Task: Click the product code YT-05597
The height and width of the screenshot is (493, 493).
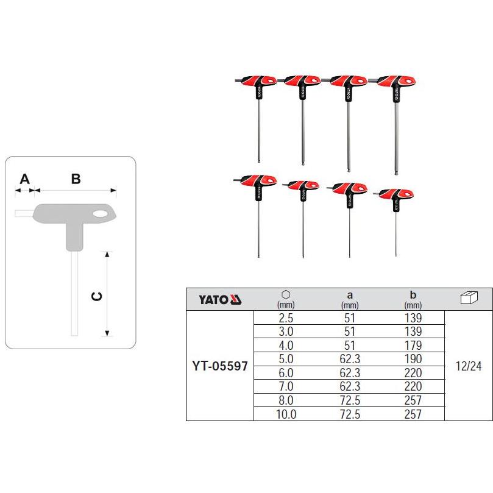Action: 220,366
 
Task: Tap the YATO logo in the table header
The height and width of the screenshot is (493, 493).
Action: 220,300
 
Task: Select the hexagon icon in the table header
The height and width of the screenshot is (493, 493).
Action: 286,294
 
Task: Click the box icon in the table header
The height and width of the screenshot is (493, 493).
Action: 469,297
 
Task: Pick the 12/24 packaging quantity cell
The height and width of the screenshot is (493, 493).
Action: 469,366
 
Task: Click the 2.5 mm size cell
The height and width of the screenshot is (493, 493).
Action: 286,318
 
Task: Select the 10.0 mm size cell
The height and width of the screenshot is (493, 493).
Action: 286,414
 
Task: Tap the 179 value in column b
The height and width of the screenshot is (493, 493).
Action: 413,346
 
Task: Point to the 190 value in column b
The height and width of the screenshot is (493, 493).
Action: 413,359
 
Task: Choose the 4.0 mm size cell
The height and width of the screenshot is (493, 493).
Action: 286,346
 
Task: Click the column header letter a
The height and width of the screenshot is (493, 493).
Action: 350,295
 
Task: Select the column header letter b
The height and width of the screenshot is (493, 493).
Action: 413,294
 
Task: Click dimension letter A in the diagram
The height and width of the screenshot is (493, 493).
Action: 25,179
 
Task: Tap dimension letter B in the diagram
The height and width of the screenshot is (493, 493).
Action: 76,179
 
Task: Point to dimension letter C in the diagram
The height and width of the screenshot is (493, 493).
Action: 96,296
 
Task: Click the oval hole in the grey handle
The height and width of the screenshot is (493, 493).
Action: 101,214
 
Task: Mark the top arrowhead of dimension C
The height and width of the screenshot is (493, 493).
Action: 107,254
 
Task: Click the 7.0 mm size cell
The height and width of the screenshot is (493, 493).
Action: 286,386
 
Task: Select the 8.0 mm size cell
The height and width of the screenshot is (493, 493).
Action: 286,400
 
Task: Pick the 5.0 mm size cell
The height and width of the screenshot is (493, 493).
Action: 286,359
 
